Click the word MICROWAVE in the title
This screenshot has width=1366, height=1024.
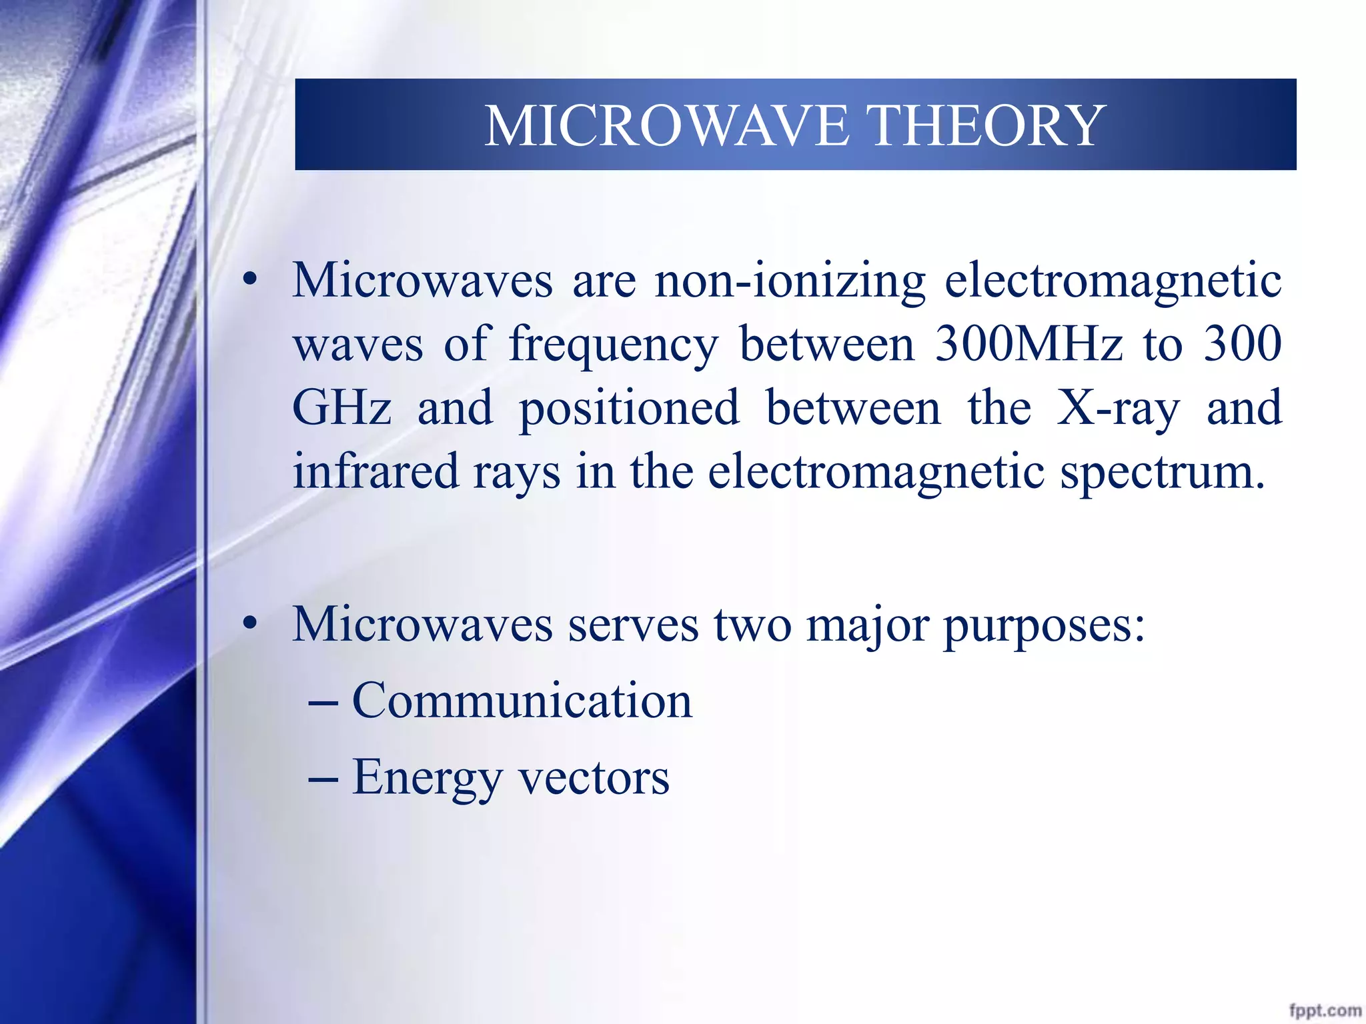click(x=667, y=126)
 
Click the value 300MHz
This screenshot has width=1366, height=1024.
click(x=1028, y=345)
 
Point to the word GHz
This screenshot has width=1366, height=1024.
click(x=341, y=408)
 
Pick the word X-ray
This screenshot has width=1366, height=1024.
click(x=1118, y=408)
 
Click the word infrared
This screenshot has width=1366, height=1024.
click(x=376, y=471)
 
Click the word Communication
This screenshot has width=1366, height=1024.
click(x=522, y=701)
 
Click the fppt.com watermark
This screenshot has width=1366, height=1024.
click(x=1325, y=1011)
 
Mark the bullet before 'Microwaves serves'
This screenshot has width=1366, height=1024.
click(x=250, y=624)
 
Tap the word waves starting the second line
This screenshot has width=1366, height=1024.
click(x=358, y=345)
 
